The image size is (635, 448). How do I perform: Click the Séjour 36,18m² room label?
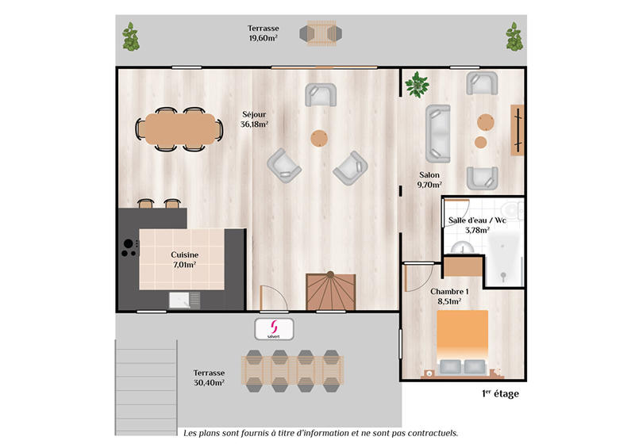pyautogui.click(x=255, y=118)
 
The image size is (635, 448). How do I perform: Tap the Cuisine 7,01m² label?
pyautogui.click(x=183, y=259)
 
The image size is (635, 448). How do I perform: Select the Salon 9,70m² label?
pyautogui.click(x=429, y=179)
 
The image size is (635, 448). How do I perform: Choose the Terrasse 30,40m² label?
pyautogui.click(x=209, y=377)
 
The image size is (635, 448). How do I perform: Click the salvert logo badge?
pyautogui.click(x=274, y=328)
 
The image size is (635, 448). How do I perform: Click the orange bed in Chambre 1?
pyautogui.click(x=463, y=337)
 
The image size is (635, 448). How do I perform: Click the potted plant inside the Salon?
pyautogui.click(x=417, y=82)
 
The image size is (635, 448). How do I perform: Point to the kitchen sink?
pyautogui.click(x=183, y=300)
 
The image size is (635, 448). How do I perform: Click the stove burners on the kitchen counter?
pyautogui.click(x=126, y=249)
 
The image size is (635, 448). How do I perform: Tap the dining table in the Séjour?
pyautogui.click(x=179, y=127)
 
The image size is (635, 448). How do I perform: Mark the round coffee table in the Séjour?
pyautogui.click(x=319, y=138)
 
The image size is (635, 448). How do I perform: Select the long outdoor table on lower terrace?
pyautogui.click(x=293, y=370)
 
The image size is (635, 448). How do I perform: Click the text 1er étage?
pyautogui.click(x=500, y=393)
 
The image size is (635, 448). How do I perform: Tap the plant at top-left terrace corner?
pyautogui.click(x=129, y=36)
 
